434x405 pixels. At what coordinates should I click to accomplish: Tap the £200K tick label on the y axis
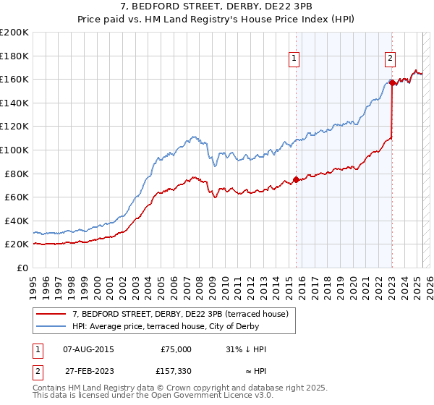[14, 33]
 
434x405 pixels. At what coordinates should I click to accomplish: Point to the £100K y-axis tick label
[14, 150]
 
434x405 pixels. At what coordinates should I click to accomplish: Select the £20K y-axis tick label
[17, 244]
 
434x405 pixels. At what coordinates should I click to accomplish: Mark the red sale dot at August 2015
[296, 179]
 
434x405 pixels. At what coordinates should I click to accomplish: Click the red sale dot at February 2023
[392, 82]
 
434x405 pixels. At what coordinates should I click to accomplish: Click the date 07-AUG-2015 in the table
[89, 349]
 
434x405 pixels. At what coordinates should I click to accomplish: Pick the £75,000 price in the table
[176, 349]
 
